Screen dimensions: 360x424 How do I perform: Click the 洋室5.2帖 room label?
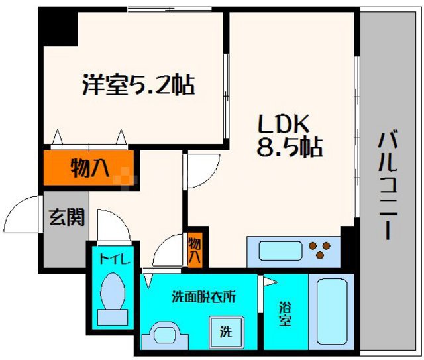point(137,86)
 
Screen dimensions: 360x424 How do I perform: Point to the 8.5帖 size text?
point(290,147)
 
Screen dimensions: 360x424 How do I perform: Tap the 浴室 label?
point(285,312)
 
